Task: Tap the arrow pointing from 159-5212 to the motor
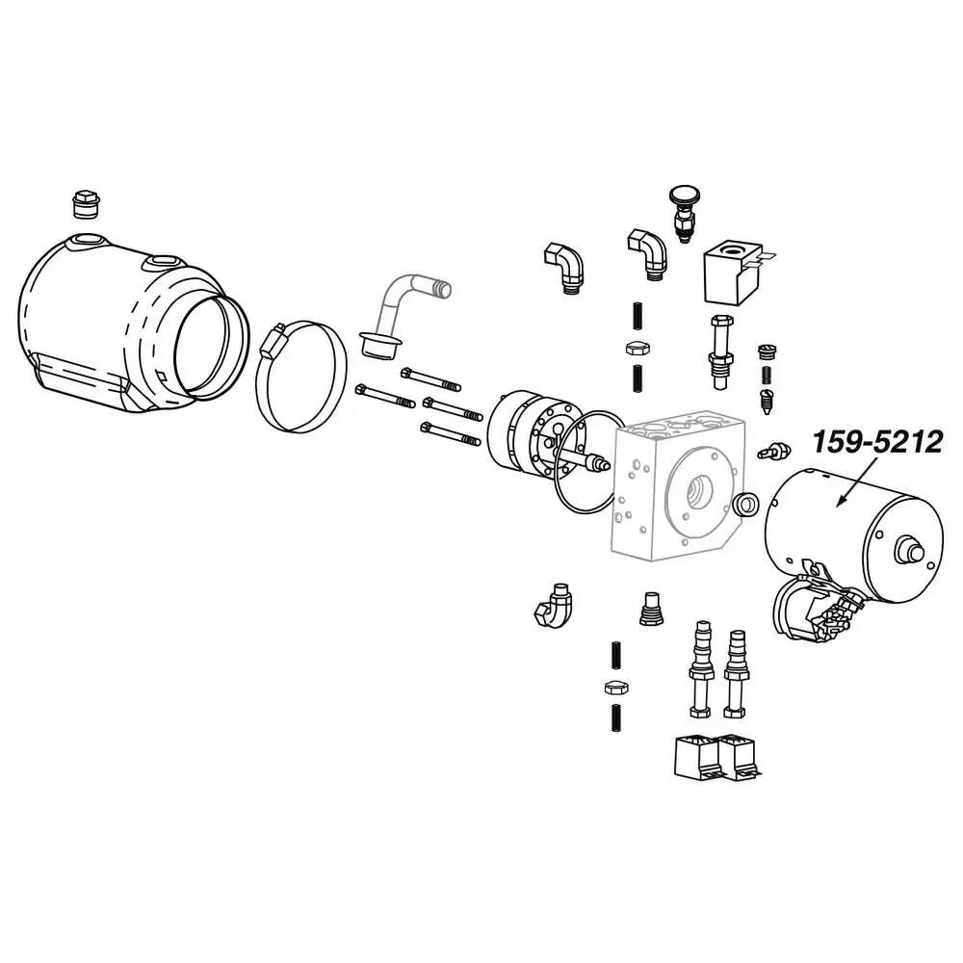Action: tap(857, 481)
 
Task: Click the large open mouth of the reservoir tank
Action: tap(213, 346)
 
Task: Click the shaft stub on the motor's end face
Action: tap(906, 550)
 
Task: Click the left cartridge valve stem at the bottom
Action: tap(701, 668)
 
